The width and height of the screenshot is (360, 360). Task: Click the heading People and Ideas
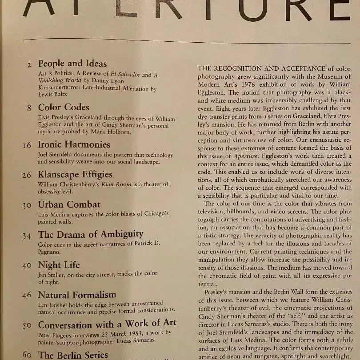pyautogui.click(x=72, y=64)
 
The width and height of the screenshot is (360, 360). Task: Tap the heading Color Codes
pyautogui.click(x=64, y=108)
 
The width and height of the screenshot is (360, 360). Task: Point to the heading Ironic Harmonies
pyautogui.click(x=74, y=145)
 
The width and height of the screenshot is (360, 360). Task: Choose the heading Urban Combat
pyautogui.click(x=69, y=205)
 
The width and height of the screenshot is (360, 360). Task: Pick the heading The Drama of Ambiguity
pyautogui.click(x=91, y=234)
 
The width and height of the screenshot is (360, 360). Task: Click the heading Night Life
pyautogui.click(x=59, y=265)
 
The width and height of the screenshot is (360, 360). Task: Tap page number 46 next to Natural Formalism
pyautogui.click(x=27, y=296)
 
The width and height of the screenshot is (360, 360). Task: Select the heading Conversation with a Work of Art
pyautogui.click(x=107, y=323)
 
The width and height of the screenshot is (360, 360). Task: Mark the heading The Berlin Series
pyautogui.click(x=73, y=355)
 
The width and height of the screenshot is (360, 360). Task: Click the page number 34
pyautogui.click(x=27, y=236)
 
